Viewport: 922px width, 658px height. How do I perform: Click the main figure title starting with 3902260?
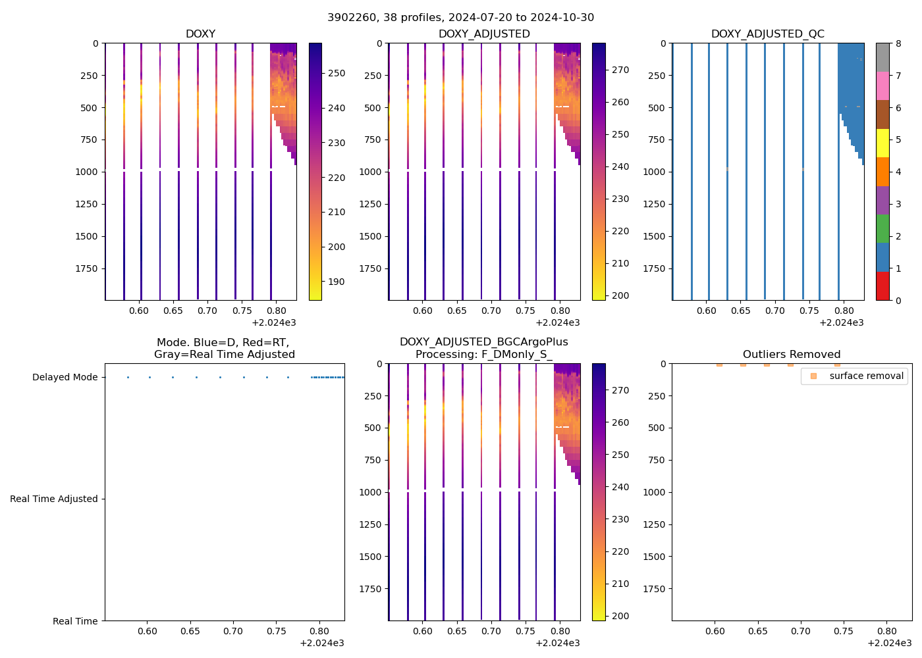pos(460,17)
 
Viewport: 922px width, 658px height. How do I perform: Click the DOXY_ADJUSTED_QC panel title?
pos(767,34)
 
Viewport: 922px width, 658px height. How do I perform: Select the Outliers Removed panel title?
pos(792,354)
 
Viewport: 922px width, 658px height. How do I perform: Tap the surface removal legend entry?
pos(866,376)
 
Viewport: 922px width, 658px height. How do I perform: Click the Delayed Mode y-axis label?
pos(65,377)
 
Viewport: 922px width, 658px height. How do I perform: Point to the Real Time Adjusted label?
pos(53,499)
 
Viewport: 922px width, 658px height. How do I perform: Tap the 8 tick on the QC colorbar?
pos(898,43)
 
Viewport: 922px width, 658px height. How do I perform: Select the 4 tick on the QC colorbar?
pos(898,172)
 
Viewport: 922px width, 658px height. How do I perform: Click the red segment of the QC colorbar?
pos(882,286)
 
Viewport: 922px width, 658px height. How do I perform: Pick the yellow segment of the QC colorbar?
pos(882,143)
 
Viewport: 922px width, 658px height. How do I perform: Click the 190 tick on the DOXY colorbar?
pos(336,282)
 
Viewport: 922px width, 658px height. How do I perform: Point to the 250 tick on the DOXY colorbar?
pos(336,73)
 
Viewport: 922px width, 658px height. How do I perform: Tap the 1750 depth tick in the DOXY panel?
pos(87,268)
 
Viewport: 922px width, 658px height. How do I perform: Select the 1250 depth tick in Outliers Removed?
pos(654,524)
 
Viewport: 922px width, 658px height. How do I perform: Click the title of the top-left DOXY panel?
pos(200,34)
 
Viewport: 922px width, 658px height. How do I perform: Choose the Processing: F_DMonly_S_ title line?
pos(483,354)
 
